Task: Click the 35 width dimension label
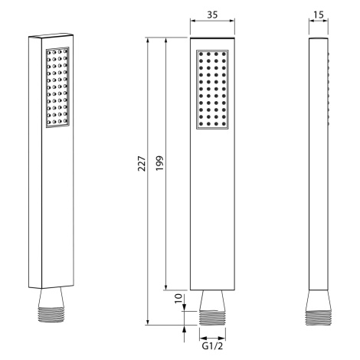coord(212,15)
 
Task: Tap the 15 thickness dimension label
coord(319,15)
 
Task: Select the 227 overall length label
coord(142,163)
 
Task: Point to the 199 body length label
coord(159,163)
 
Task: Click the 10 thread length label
coord(178,298)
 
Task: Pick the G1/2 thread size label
coord(212,346)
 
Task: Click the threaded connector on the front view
coord(212,318)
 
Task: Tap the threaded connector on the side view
coord(319,318)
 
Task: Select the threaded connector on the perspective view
coord(51,315)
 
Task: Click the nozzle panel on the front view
coord(212,90)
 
